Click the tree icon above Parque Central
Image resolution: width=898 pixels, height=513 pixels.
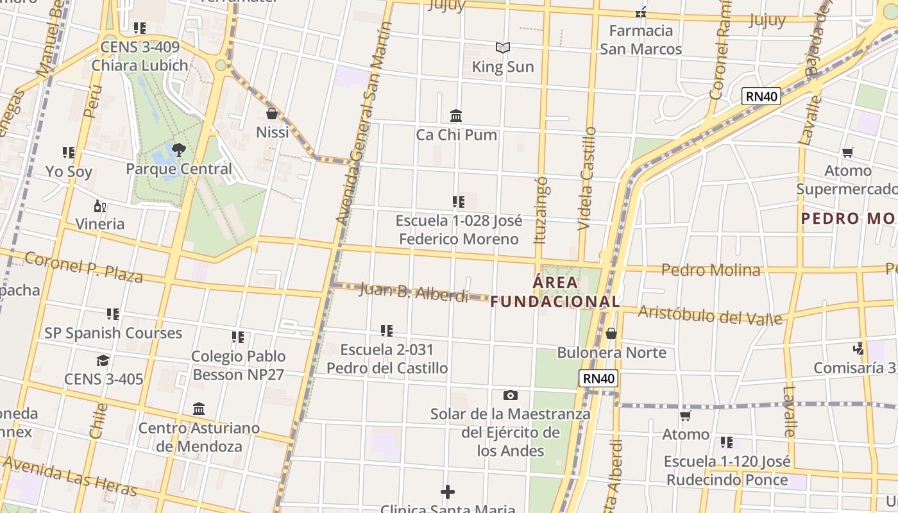179,150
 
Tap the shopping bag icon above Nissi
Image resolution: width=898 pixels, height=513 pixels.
272,114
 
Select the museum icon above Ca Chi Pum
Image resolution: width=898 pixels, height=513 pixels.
456,115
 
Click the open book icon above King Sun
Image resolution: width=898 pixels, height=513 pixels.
503,47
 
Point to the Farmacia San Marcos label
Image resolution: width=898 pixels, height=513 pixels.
641,40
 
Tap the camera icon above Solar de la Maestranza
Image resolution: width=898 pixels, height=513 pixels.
510,395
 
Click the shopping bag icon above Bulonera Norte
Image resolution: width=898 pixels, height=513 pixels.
611,333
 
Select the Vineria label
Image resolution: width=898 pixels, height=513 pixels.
100,224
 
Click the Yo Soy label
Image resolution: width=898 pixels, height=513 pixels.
69,172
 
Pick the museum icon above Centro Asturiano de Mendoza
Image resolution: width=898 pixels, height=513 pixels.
199,408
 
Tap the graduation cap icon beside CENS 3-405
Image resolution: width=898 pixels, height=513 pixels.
103,360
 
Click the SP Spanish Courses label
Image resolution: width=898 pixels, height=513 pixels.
113,333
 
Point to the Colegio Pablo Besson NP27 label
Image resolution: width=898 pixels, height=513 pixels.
238,366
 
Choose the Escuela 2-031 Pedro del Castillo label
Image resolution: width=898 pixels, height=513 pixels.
387,359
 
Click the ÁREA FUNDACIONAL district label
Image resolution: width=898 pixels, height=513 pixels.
555,292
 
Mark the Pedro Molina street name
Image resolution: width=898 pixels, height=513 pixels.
711,270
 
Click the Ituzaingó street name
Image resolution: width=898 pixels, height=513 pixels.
541,210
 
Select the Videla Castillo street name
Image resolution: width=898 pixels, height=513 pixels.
587,179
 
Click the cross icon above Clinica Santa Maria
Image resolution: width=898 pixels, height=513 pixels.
448,492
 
